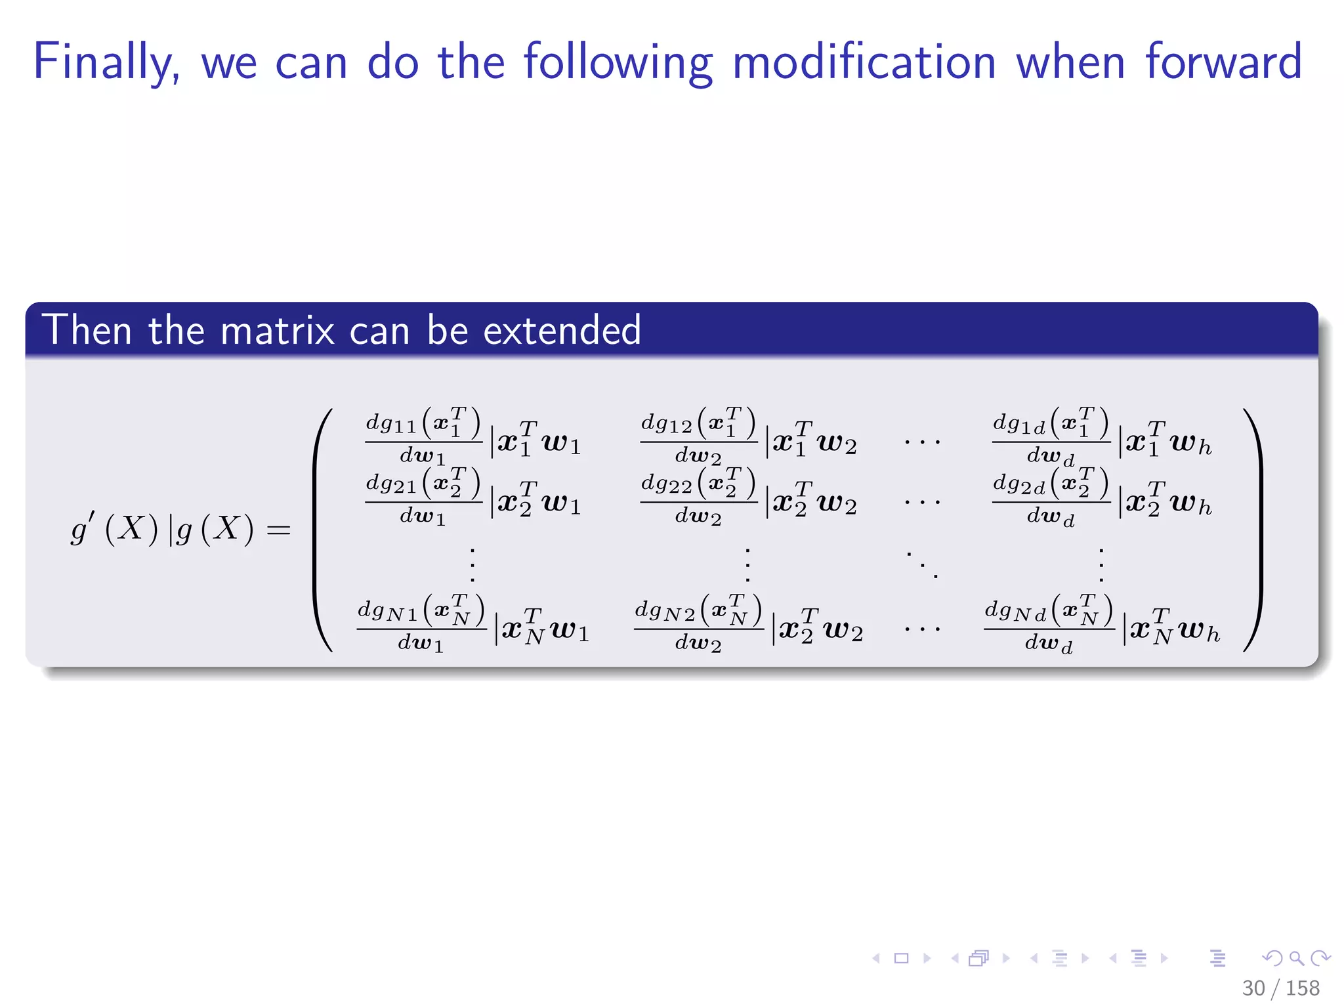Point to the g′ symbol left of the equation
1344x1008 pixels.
click(x=81, y=528)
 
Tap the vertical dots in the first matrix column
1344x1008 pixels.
click(x=472, y=564)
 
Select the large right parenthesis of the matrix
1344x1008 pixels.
click(x=1253, y=530)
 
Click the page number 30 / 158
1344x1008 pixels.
click(x=1280, y=988)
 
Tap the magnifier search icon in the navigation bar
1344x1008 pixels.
click(x=1296, y=958)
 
